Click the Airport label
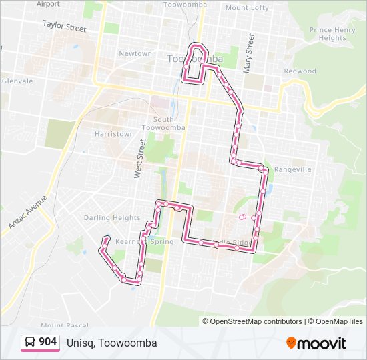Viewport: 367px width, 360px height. click(48, 4)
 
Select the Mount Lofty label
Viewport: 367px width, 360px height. click(246, 8)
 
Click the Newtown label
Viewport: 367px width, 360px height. click(135, 53)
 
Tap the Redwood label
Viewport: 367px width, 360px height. click(300, 71)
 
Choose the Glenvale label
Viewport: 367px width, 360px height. click(17, 81)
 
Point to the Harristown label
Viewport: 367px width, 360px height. click(114, 134)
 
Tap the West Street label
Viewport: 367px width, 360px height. click(139, 158)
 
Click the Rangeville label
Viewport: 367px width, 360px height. click(292, 169)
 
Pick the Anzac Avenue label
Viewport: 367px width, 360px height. click(28, 213)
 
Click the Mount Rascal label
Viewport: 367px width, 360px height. click(68, 324)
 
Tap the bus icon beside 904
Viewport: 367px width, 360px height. click(30, 342)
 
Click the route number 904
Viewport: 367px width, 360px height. click(47, 342)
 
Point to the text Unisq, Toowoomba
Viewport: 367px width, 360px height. click(111, 343)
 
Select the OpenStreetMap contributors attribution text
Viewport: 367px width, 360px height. click(256, 321)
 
